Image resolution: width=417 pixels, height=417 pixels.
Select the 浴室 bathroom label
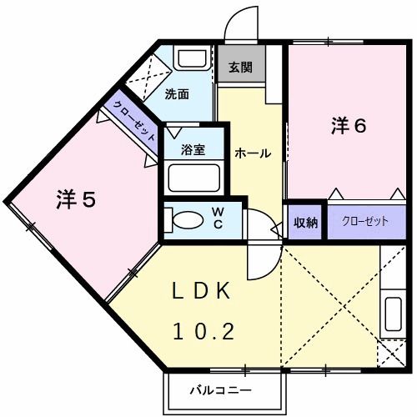193,149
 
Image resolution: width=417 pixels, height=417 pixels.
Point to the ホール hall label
251,153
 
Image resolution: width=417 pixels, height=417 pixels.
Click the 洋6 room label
349,126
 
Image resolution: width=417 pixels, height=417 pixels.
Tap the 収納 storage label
305,222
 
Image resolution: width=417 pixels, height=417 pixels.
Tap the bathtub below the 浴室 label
193,177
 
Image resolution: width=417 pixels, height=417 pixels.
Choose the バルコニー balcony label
220,389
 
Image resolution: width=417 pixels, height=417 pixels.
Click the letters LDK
203,292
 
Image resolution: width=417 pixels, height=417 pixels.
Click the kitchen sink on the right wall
392,318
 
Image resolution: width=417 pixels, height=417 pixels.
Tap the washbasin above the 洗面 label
193,59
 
